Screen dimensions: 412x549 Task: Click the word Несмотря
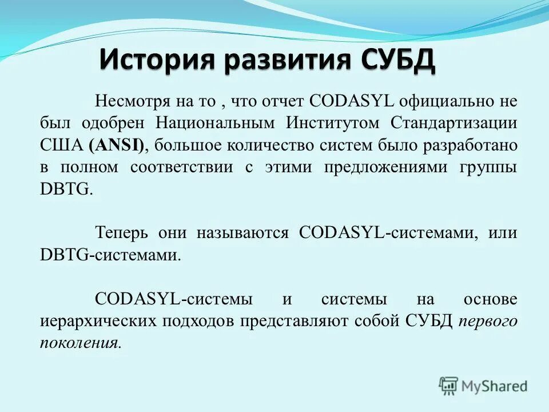point(131,101)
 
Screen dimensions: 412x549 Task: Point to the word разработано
point(470,145)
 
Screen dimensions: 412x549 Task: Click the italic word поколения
point(80,343)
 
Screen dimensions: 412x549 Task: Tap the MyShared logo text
point(495,386)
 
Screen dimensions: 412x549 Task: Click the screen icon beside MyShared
point(449,386)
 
